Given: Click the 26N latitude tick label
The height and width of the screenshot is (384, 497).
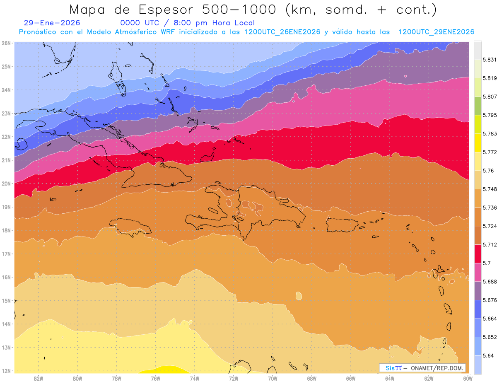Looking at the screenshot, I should pyautogui.click(x=6, y=43).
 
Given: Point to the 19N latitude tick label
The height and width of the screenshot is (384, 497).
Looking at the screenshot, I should pyautogui.click(x=6, y=207).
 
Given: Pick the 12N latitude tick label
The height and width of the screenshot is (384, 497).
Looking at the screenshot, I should pyautogui.click(x=6, y=371).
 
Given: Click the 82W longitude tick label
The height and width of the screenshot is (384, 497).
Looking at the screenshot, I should pyautogui.click(x=39, y=378).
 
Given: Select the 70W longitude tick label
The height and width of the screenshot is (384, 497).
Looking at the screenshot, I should pyautogui.click(x=273, y=378).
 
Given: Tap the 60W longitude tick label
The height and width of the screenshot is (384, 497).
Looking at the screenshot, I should pyautogui.click(x=468, y=378).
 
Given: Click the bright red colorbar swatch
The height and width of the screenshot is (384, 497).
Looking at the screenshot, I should pyautogui.click(x=478, y=254).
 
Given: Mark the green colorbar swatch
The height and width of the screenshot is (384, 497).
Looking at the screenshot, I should pyautogui.click(x=478, y=106).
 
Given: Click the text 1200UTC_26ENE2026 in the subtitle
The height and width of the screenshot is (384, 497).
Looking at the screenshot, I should pyautogui.click(x=282, y=32).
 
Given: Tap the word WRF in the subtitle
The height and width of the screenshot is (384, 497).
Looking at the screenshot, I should pyautogui.click(x=169, y=32).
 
